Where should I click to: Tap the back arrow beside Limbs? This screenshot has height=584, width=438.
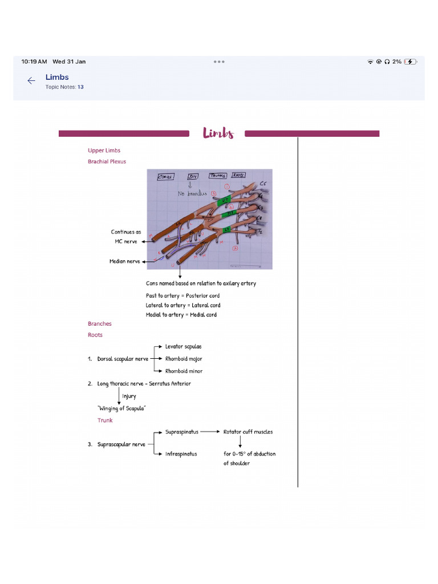click(31, 81)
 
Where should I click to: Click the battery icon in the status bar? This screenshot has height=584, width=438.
click(410, 62)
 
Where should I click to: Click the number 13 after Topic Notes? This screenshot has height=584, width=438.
click(80, 87)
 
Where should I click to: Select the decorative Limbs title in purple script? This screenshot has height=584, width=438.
click(218, 133)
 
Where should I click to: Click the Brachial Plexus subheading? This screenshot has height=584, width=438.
click(107, 161)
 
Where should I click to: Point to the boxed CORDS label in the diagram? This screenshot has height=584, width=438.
click(165, 177)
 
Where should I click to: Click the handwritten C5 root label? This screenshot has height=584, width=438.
click(263, 184)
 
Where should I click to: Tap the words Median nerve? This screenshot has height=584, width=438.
click(125, 261)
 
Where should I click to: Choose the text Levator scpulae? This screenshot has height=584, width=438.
click(183, 346)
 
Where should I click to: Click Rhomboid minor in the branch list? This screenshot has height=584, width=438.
click(184, 371)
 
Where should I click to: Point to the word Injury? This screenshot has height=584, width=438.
click(129, 396)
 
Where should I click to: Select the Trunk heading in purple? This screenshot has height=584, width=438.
click(105, 420)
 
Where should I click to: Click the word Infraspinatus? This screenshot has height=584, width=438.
click(181, 454)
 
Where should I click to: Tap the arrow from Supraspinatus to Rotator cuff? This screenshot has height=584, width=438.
click(210, 432)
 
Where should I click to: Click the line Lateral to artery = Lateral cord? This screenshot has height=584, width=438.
click(182, 305)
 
